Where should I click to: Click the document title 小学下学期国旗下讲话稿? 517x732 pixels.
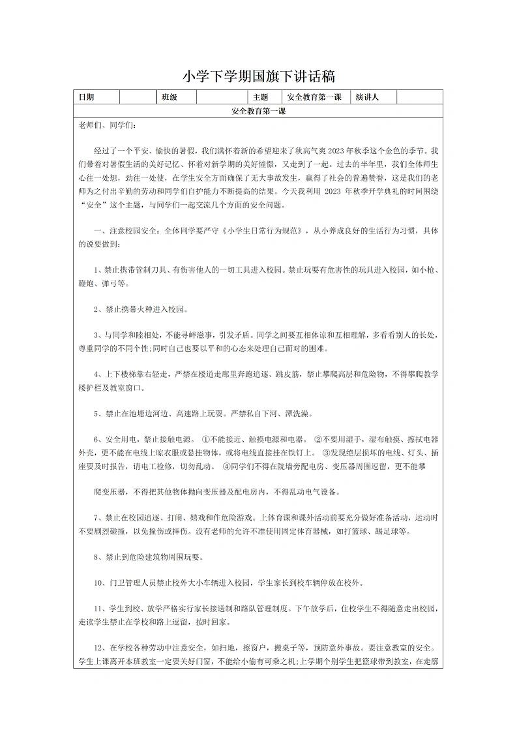[258, 76]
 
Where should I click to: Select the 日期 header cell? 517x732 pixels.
[86, 97]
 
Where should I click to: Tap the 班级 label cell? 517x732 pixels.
[170, 97]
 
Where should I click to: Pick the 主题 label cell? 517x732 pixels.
[251, 97]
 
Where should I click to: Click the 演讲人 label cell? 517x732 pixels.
[367, 97]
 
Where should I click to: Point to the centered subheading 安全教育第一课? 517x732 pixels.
[258, 112]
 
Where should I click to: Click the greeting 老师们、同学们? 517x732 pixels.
[107, 125]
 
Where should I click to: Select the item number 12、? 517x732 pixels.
[101, 648]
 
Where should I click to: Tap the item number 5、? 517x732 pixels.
[98, 414]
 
